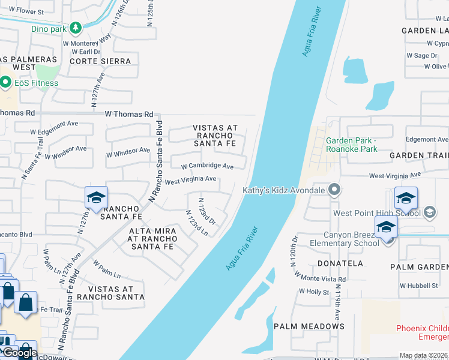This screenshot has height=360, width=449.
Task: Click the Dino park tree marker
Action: tap(75, 28)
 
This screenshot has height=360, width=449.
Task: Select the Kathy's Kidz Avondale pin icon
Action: tap(335, 191)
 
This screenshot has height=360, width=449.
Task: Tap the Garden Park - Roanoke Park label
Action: tap(352, 145)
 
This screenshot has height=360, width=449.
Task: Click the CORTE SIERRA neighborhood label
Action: tap(100, 61)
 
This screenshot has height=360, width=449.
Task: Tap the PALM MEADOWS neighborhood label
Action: tap(309, 326)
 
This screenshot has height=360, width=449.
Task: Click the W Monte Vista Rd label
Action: tap(321, 277)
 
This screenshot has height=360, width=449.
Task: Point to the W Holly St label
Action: tap(314, 292)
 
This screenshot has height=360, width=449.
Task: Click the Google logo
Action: tap(20, 353)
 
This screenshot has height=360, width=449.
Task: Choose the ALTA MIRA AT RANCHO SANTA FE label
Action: tap(152, 238)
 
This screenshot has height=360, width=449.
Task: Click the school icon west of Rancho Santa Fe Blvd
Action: tap(95, 198)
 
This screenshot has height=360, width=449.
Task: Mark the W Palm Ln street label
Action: tap(106, 269)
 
